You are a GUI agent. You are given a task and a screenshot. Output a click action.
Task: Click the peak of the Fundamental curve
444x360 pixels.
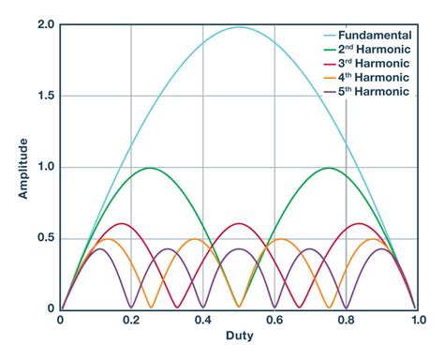tap(238, 27)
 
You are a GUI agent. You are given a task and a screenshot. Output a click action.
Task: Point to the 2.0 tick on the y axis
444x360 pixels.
tap(45, 25)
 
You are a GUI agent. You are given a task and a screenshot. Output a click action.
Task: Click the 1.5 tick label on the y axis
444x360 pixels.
tap(45, 97)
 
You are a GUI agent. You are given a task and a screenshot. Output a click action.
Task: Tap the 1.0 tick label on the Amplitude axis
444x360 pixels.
tap(45, 168)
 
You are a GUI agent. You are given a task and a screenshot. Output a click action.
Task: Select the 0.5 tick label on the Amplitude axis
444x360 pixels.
tap(45, 238)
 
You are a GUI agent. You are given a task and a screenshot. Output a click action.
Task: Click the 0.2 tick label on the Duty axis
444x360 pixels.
tap(131, 320)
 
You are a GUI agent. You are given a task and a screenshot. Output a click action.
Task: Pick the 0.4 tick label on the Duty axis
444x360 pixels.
tap(202, 320)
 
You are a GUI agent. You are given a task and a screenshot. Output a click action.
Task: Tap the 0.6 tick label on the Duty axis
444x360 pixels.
tap(274, 320)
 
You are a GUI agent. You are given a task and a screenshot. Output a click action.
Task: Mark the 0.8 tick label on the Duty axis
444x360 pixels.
tap(345, 320)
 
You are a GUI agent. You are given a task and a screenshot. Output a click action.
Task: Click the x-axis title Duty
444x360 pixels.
tap(238, 343)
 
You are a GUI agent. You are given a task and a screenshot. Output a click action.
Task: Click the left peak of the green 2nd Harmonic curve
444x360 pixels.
tap(149, 169)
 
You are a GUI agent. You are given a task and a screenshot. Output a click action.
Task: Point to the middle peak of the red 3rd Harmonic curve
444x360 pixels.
tap(238, 224)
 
